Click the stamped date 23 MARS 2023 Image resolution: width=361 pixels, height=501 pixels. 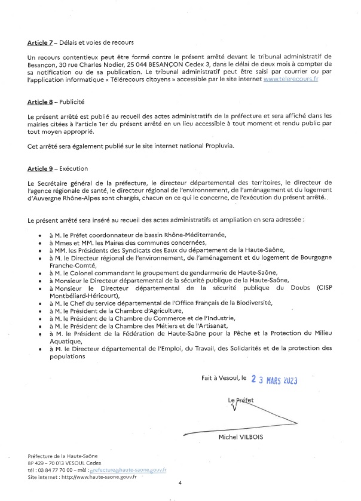pos(274,379)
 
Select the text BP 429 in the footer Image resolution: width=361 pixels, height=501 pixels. pos(36,463)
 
